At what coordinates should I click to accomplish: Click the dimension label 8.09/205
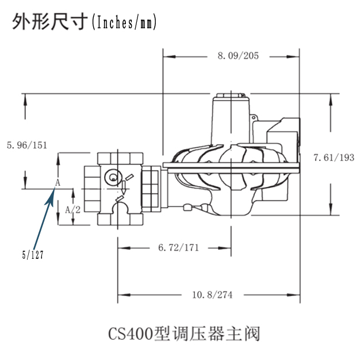tap(238, 56)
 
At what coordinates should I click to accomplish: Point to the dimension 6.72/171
tap(178, 248)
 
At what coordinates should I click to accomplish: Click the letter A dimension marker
tap(57, 183)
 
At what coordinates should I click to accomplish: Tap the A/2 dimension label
tap(72, 210)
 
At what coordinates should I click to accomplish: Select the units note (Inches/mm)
tap(124, 22)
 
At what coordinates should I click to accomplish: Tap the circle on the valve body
tap(113, 177)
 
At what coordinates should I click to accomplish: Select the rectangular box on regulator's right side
tap(283, 137)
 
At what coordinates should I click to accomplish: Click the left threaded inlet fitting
tap(91, 187)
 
